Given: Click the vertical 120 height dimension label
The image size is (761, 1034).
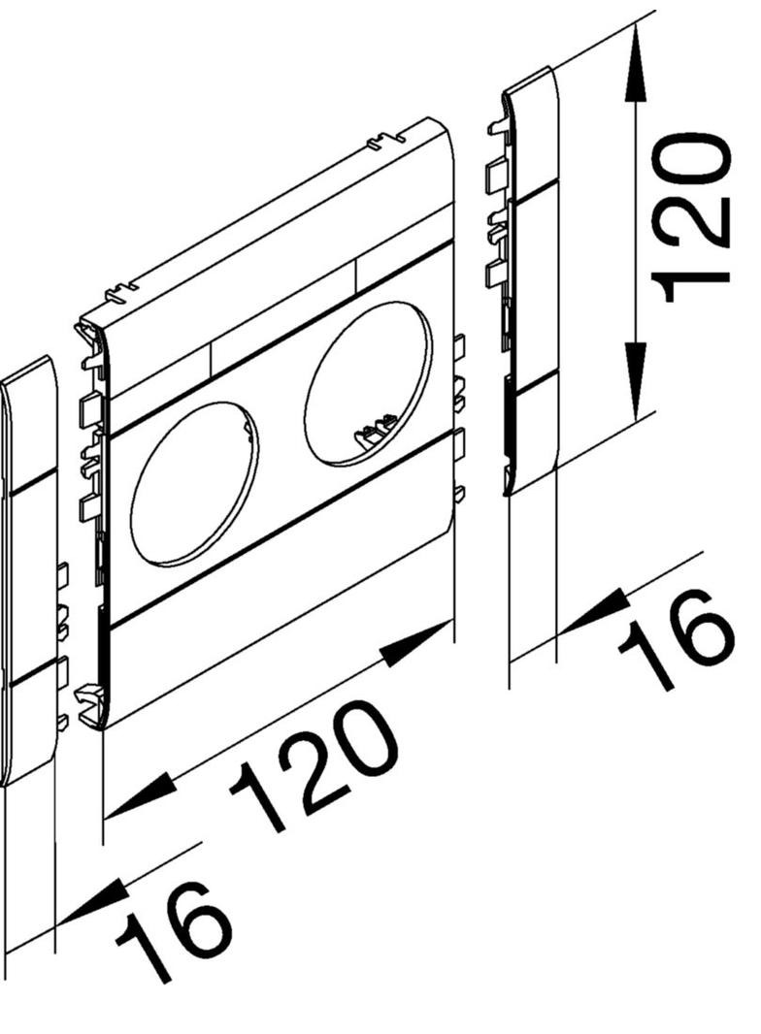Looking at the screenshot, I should [691, 218].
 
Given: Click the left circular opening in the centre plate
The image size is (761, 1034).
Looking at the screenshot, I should [194, 485].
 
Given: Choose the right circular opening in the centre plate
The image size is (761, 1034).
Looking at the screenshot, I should [367, 384].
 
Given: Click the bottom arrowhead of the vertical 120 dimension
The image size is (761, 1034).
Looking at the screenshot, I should [634, 388].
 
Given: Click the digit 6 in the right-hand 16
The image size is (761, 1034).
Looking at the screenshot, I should [699, 621].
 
